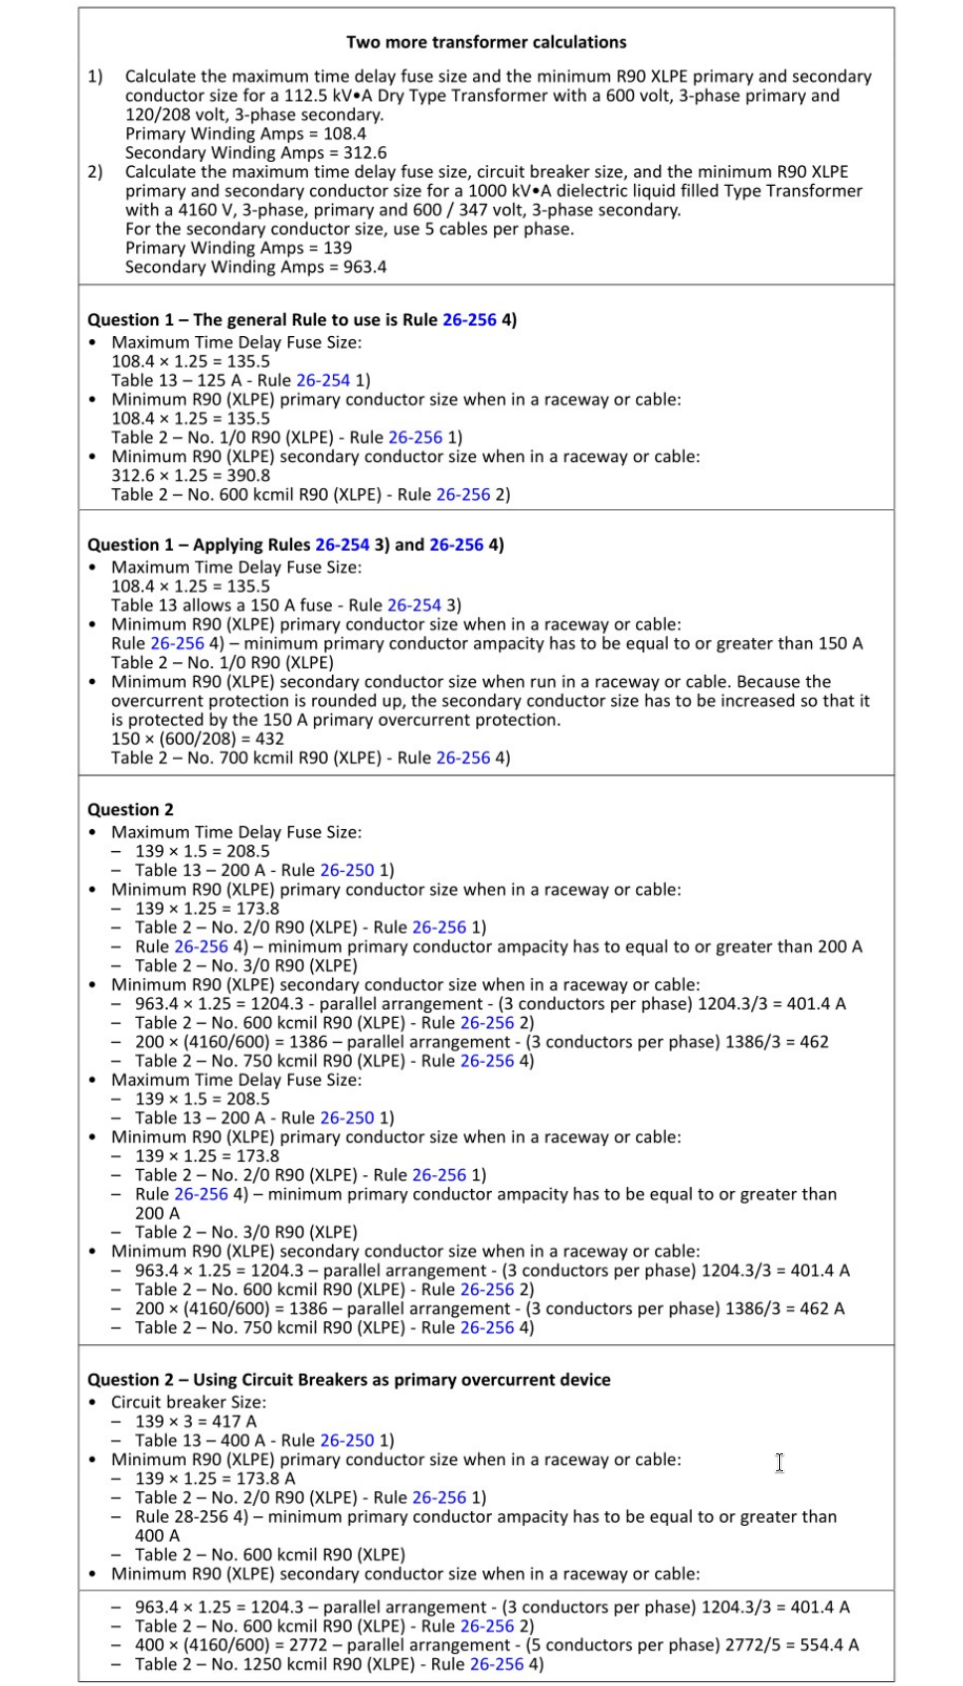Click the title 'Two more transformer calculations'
click(x=486, y=42)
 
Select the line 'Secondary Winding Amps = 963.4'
click(x=255, y=266)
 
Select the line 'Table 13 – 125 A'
click(x=181, y=380)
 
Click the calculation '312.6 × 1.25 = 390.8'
click(x=190, y=475)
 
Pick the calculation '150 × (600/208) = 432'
click(x=197, y=739)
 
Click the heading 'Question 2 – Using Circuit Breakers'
click(x=349, y=1379)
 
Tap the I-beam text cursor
click(x=779, y=1462)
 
